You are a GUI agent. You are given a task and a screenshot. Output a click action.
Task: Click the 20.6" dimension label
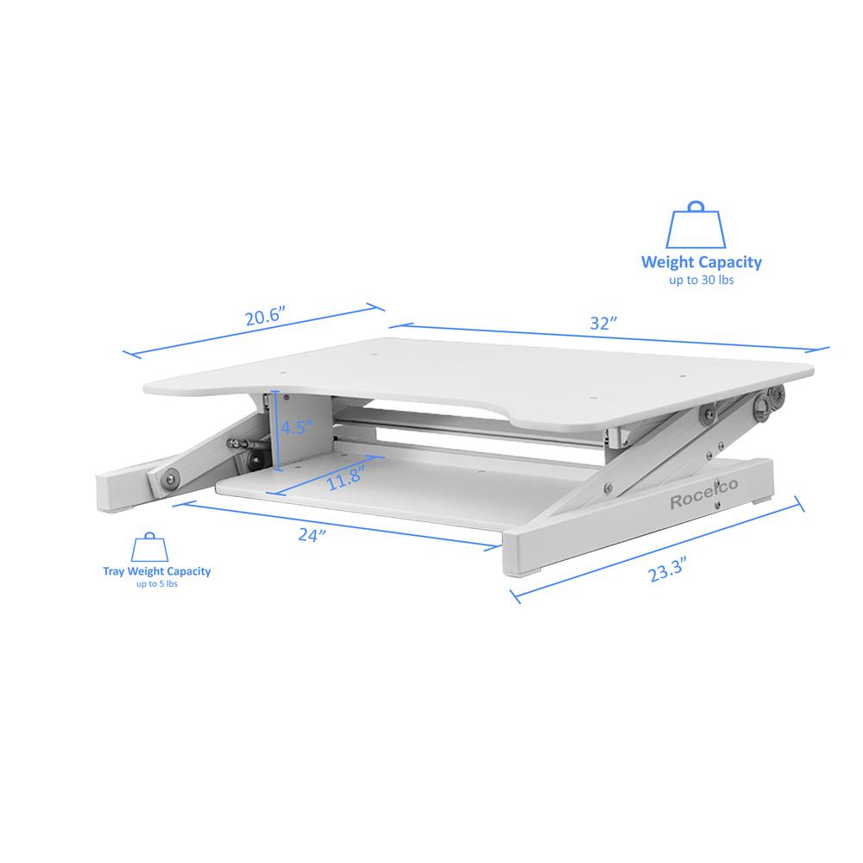point(264,316)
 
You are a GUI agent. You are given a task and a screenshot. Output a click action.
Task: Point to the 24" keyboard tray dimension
point(309,535)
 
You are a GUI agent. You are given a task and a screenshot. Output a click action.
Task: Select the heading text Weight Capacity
point(701,262)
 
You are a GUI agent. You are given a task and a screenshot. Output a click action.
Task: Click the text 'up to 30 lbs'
point(701,280)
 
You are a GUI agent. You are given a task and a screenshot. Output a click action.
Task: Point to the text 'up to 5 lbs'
point(156,584)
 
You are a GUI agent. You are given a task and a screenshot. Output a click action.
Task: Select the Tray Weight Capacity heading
point(156,571)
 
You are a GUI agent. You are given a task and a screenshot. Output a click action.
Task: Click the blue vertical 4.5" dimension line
point(276,431)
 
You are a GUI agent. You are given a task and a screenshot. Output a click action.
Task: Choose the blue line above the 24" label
point(337,524)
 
